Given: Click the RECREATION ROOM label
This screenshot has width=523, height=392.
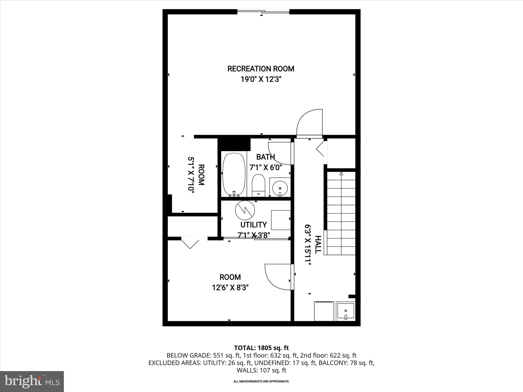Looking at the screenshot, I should click(261, 69).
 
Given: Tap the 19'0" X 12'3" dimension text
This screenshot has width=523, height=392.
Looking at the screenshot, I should click(261, 79).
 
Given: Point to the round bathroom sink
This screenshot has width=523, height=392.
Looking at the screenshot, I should click(280, 188).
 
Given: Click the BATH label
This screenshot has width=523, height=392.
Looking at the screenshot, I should click(266, 157).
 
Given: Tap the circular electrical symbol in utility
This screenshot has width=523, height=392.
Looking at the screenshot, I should click(245, 210).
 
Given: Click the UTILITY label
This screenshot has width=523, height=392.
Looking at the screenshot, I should click(254, 225).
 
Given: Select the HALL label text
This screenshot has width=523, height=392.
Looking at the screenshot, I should click(318, 244).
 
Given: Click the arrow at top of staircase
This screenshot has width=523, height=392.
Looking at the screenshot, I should click(341, 174).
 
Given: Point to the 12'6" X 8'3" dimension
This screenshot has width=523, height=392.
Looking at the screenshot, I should click(230, 288).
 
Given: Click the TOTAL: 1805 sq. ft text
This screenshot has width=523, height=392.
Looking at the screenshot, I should click(261, 348).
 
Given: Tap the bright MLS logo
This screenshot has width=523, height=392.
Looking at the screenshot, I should click(32, 381).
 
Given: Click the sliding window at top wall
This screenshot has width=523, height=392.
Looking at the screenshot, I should click(263, 11).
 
